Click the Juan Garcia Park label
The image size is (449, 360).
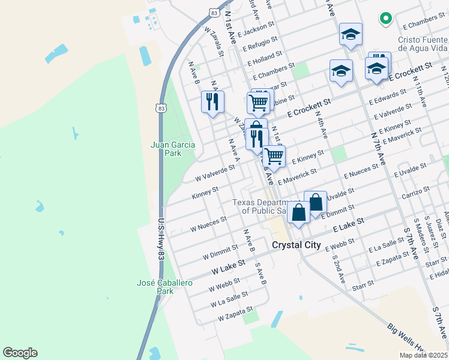coord(166,149)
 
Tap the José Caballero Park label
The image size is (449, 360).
coord(157,287)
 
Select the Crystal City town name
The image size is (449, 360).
coord(298,245)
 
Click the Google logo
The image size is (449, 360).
coord(20,353)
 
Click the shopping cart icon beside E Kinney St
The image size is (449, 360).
coord(274,157)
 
